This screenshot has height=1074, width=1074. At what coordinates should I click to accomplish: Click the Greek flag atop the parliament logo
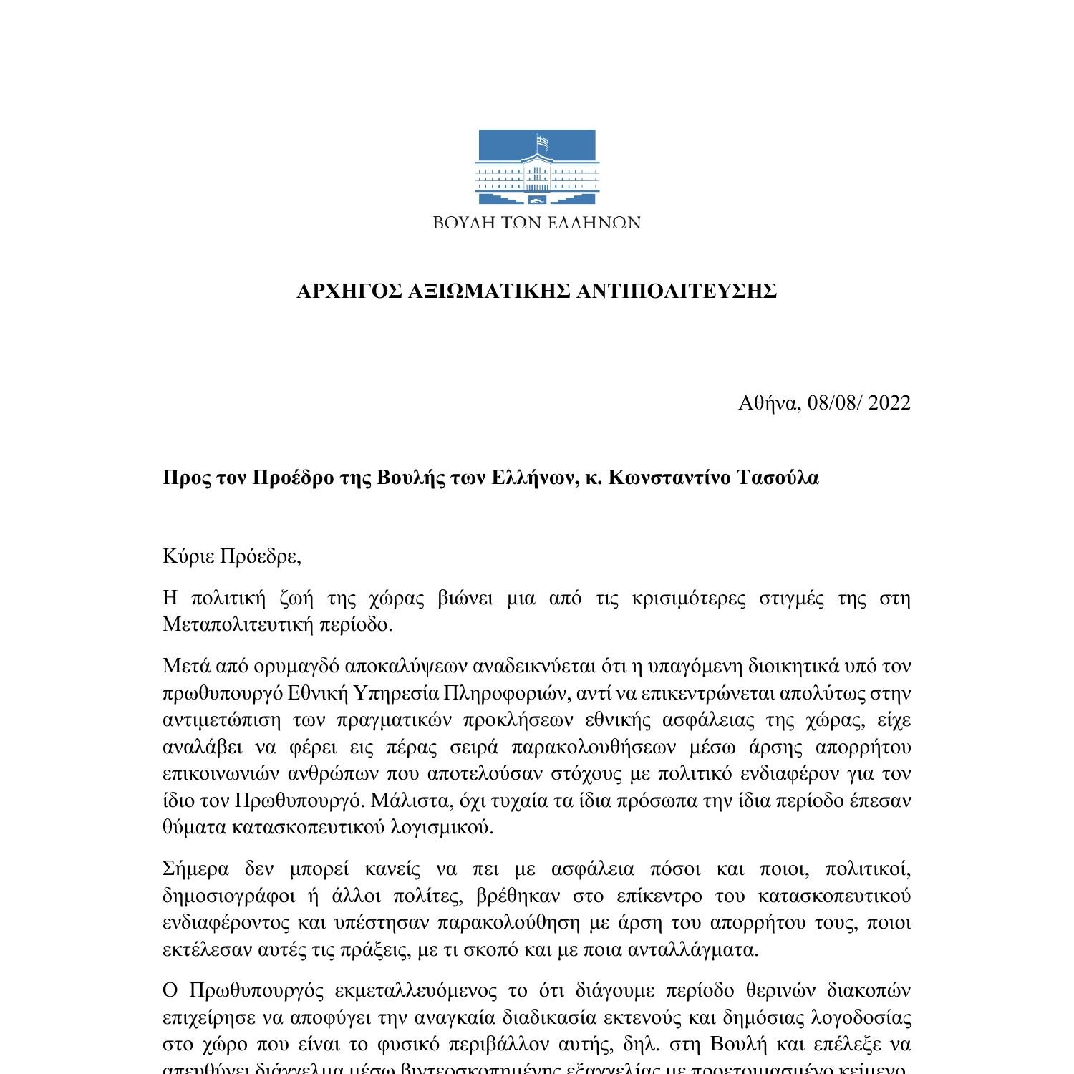coord(544,142)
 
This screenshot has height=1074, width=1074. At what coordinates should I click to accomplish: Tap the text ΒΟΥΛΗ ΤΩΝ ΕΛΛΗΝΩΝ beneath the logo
coord(536,223)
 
